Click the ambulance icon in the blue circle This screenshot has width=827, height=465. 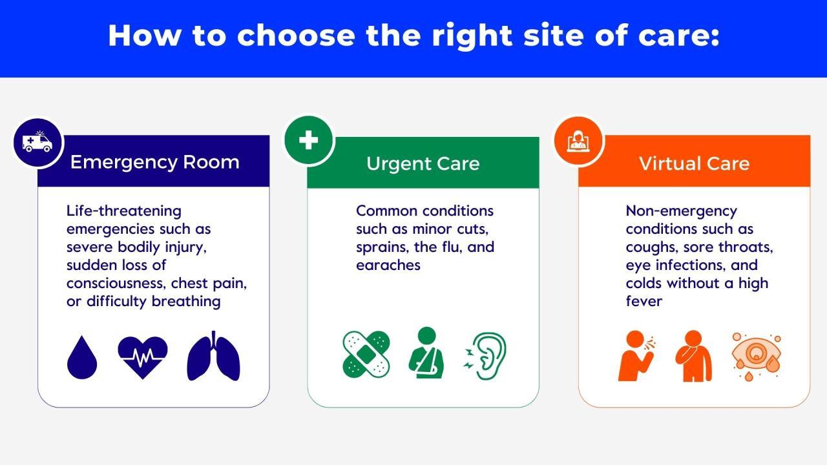coord(37,142)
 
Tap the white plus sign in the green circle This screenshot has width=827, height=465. coord(308,140)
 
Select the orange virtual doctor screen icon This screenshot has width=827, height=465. coord(578,141)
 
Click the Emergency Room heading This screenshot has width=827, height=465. coord(154,161)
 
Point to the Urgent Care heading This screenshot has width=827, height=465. coord(423,163)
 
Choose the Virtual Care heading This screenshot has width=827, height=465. coord(694,163)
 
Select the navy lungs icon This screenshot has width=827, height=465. coord(214,356)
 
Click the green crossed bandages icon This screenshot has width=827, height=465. coord(366,354)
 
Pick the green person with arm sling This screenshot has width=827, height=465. coord(426,353)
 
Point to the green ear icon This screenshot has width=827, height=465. coord(487,355)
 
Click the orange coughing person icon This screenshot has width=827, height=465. coord(635,356)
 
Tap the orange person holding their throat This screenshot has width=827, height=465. coord(693,356)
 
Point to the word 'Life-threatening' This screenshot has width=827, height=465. coord(123,211)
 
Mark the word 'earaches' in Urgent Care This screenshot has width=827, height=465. coord(388,265)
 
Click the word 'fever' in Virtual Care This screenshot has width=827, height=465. coord(644,301)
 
